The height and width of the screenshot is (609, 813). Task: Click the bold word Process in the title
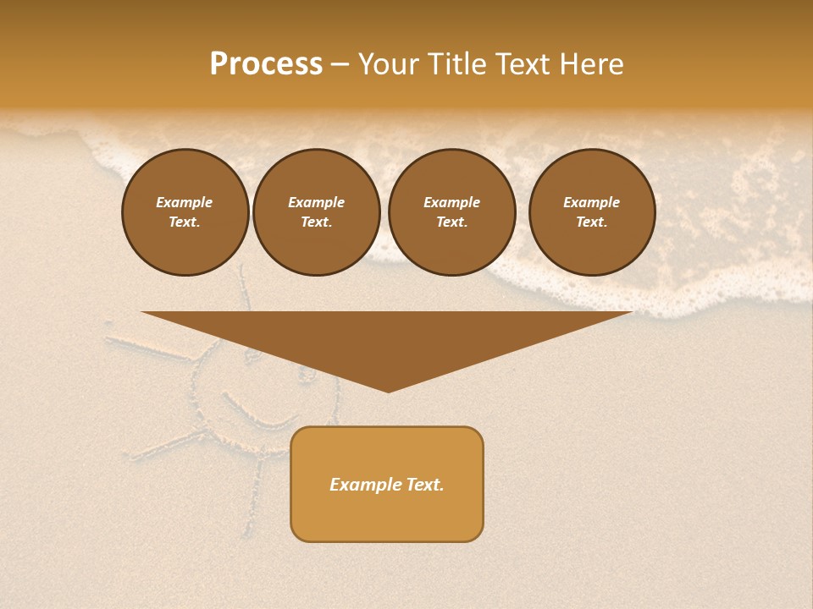[266, 64]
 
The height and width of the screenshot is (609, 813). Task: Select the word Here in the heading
[592, 64]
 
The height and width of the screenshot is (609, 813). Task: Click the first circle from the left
[185, 211]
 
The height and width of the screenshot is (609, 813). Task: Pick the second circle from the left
[317, 211]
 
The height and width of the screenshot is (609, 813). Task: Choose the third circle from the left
[452, 211]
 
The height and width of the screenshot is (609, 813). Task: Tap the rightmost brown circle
[592, 211]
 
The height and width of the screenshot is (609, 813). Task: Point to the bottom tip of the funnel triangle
[388, 390]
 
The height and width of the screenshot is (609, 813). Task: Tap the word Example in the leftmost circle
[185, 202]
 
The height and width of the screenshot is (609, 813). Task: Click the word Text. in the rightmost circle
[592, 222]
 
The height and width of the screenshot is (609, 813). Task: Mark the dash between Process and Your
[340, 64]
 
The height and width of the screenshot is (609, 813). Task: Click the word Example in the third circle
[452, 202]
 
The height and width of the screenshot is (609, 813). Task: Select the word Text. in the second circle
[317, 222]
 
